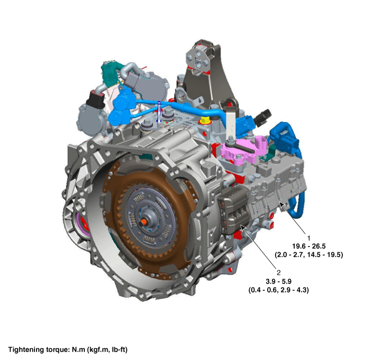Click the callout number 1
coord(308,238)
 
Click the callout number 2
coord(278,273)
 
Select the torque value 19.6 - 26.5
coord(309,246)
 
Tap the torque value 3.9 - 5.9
coord(278,282)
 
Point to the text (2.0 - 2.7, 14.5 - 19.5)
coord(309,254)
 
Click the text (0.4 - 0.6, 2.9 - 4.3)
coord(278,290)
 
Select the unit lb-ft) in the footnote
coord(119,350)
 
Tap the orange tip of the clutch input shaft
coord(143,223)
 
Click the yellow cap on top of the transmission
coord(205,120)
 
